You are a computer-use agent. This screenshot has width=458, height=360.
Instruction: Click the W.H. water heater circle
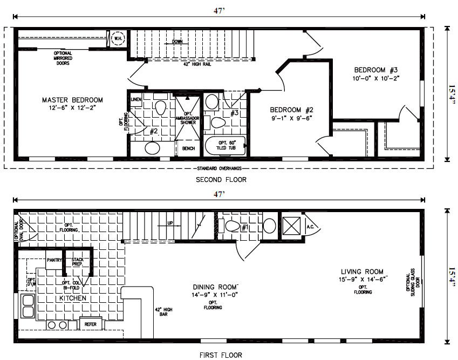point(118,39)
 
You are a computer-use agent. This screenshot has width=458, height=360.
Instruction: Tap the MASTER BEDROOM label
point(72,100)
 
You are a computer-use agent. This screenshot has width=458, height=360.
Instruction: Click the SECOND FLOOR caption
point(221,180)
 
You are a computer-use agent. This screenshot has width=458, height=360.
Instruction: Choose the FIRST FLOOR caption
point(221,355)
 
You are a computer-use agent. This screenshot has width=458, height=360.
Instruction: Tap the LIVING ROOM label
point(362,271)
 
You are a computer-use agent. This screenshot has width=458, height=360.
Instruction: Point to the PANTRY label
point(54,260)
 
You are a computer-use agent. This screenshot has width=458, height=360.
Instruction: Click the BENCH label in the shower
point(188,148)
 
